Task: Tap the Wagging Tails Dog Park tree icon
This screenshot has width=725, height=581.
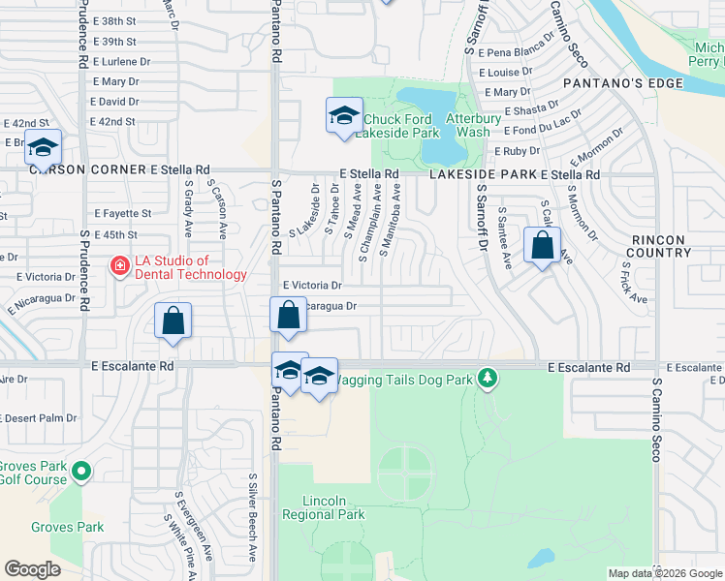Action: point(489,378)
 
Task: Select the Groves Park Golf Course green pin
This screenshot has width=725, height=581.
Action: point(82,473)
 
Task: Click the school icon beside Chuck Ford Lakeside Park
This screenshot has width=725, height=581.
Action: point(344,117)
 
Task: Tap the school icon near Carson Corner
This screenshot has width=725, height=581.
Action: point(43,148)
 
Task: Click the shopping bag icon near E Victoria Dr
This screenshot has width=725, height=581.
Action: point(288,315)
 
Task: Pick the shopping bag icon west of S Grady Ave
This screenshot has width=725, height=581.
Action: point(173,321)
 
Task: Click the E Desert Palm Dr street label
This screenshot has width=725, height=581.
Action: point(39,418)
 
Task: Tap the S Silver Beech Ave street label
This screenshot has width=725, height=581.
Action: point(252,517)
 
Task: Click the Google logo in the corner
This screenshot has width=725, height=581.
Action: point(32,569)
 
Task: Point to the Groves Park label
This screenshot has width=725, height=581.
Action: point(67,528)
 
